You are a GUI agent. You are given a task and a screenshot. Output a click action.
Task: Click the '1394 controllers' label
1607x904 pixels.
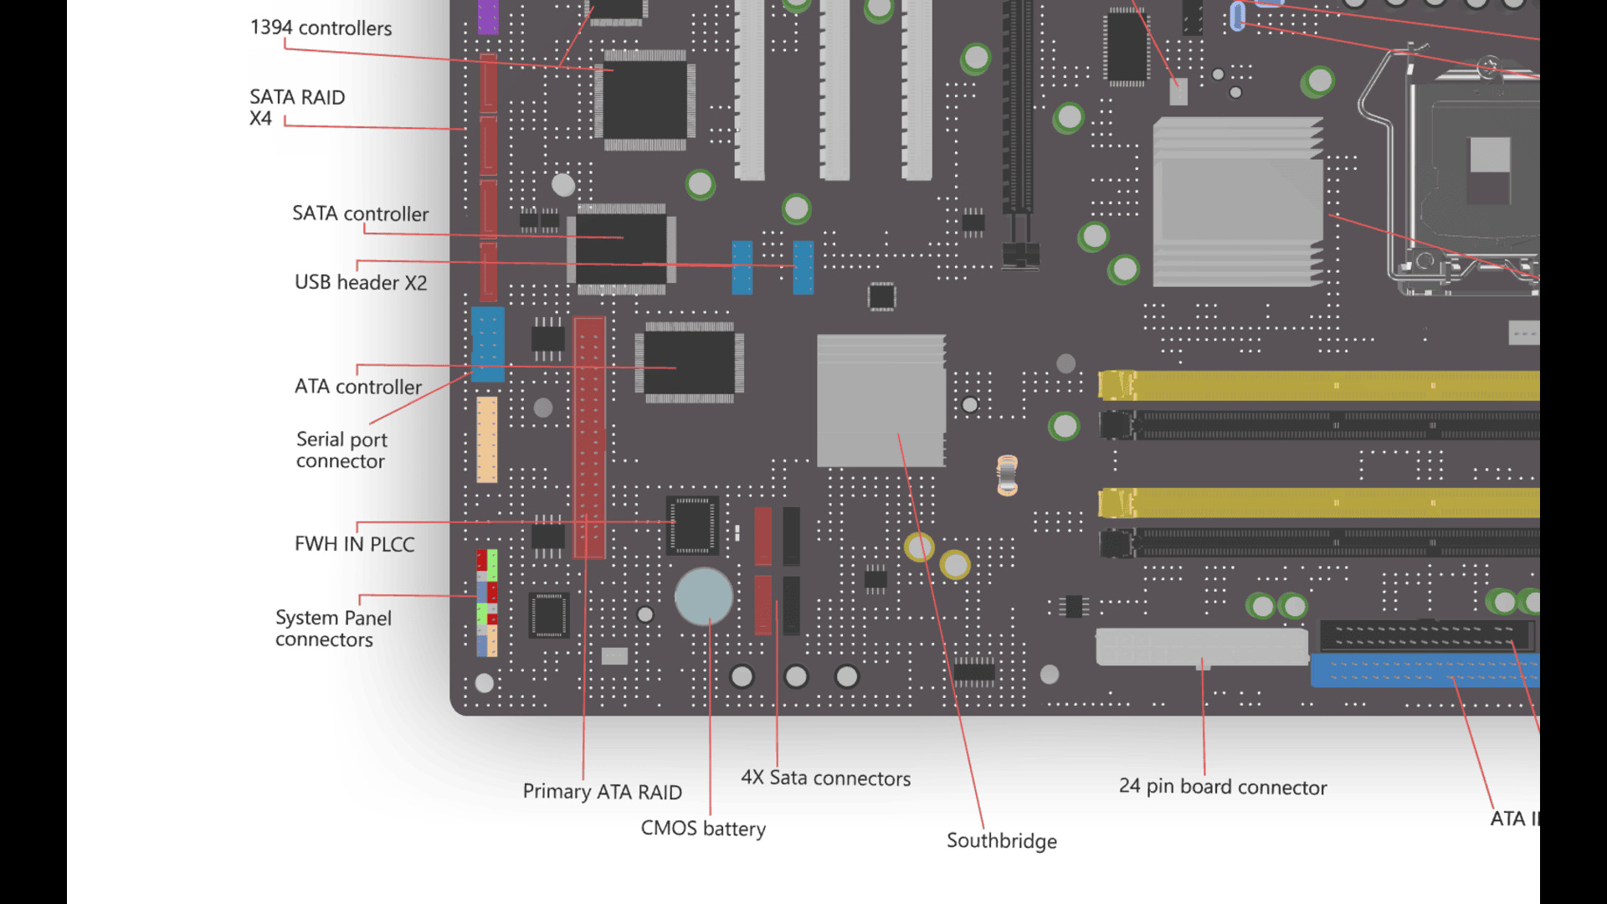(x=321, y=28)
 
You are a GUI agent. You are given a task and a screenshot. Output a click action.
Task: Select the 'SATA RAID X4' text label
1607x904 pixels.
(x=296, y=107)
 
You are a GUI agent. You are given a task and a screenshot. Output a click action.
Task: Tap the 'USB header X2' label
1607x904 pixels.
(x=360, y=283)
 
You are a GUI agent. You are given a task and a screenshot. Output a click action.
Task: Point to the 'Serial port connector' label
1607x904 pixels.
(x=341, y=450)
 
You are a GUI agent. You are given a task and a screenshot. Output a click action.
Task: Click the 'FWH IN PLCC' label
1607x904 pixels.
(x=354, y=544)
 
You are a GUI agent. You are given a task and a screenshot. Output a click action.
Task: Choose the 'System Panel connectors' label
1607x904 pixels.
(x=332, y=629)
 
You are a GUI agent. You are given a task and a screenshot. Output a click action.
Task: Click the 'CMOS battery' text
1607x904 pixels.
(x=703, y=829)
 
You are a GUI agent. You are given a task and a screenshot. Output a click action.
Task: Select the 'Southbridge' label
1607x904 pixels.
(x=1001, y=841)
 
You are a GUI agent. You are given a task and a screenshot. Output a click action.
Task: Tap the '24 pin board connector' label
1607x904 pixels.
(x=1222, y=787)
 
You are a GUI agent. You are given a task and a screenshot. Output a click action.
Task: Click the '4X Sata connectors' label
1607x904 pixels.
(x=825, y=778)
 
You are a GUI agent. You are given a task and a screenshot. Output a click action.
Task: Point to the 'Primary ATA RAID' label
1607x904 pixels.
(x=602, y=792)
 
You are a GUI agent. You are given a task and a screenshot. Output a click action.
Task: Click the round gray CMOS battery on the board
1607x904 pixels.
(x=703, y=597)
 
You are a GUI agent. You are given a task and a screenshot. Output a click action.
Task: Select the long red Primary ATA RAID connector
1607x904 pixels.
(x=589, y=435)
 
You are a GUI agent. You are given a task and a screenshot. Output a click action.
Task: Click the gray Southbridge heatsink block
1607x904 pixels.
(x=881, y=400)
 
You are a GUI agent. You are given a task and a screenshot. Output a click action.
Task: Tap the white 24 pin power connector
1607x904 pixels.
(x=1201, y=646)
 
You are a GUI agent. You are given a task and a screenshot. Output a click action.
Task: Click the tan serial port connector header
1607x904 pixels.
(x=486, y=439)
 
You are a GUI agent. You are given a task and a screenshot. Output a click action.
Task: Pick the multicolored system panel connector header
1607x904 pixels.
(x=486, y=603)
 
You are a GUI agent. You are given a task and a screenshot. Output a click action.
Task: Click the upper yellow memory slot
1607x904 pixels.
(x=1318, y=386)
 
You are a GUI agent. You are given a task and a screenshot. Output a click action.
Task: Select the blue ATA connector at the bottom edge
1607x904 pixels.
(x=1423, y=671)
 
